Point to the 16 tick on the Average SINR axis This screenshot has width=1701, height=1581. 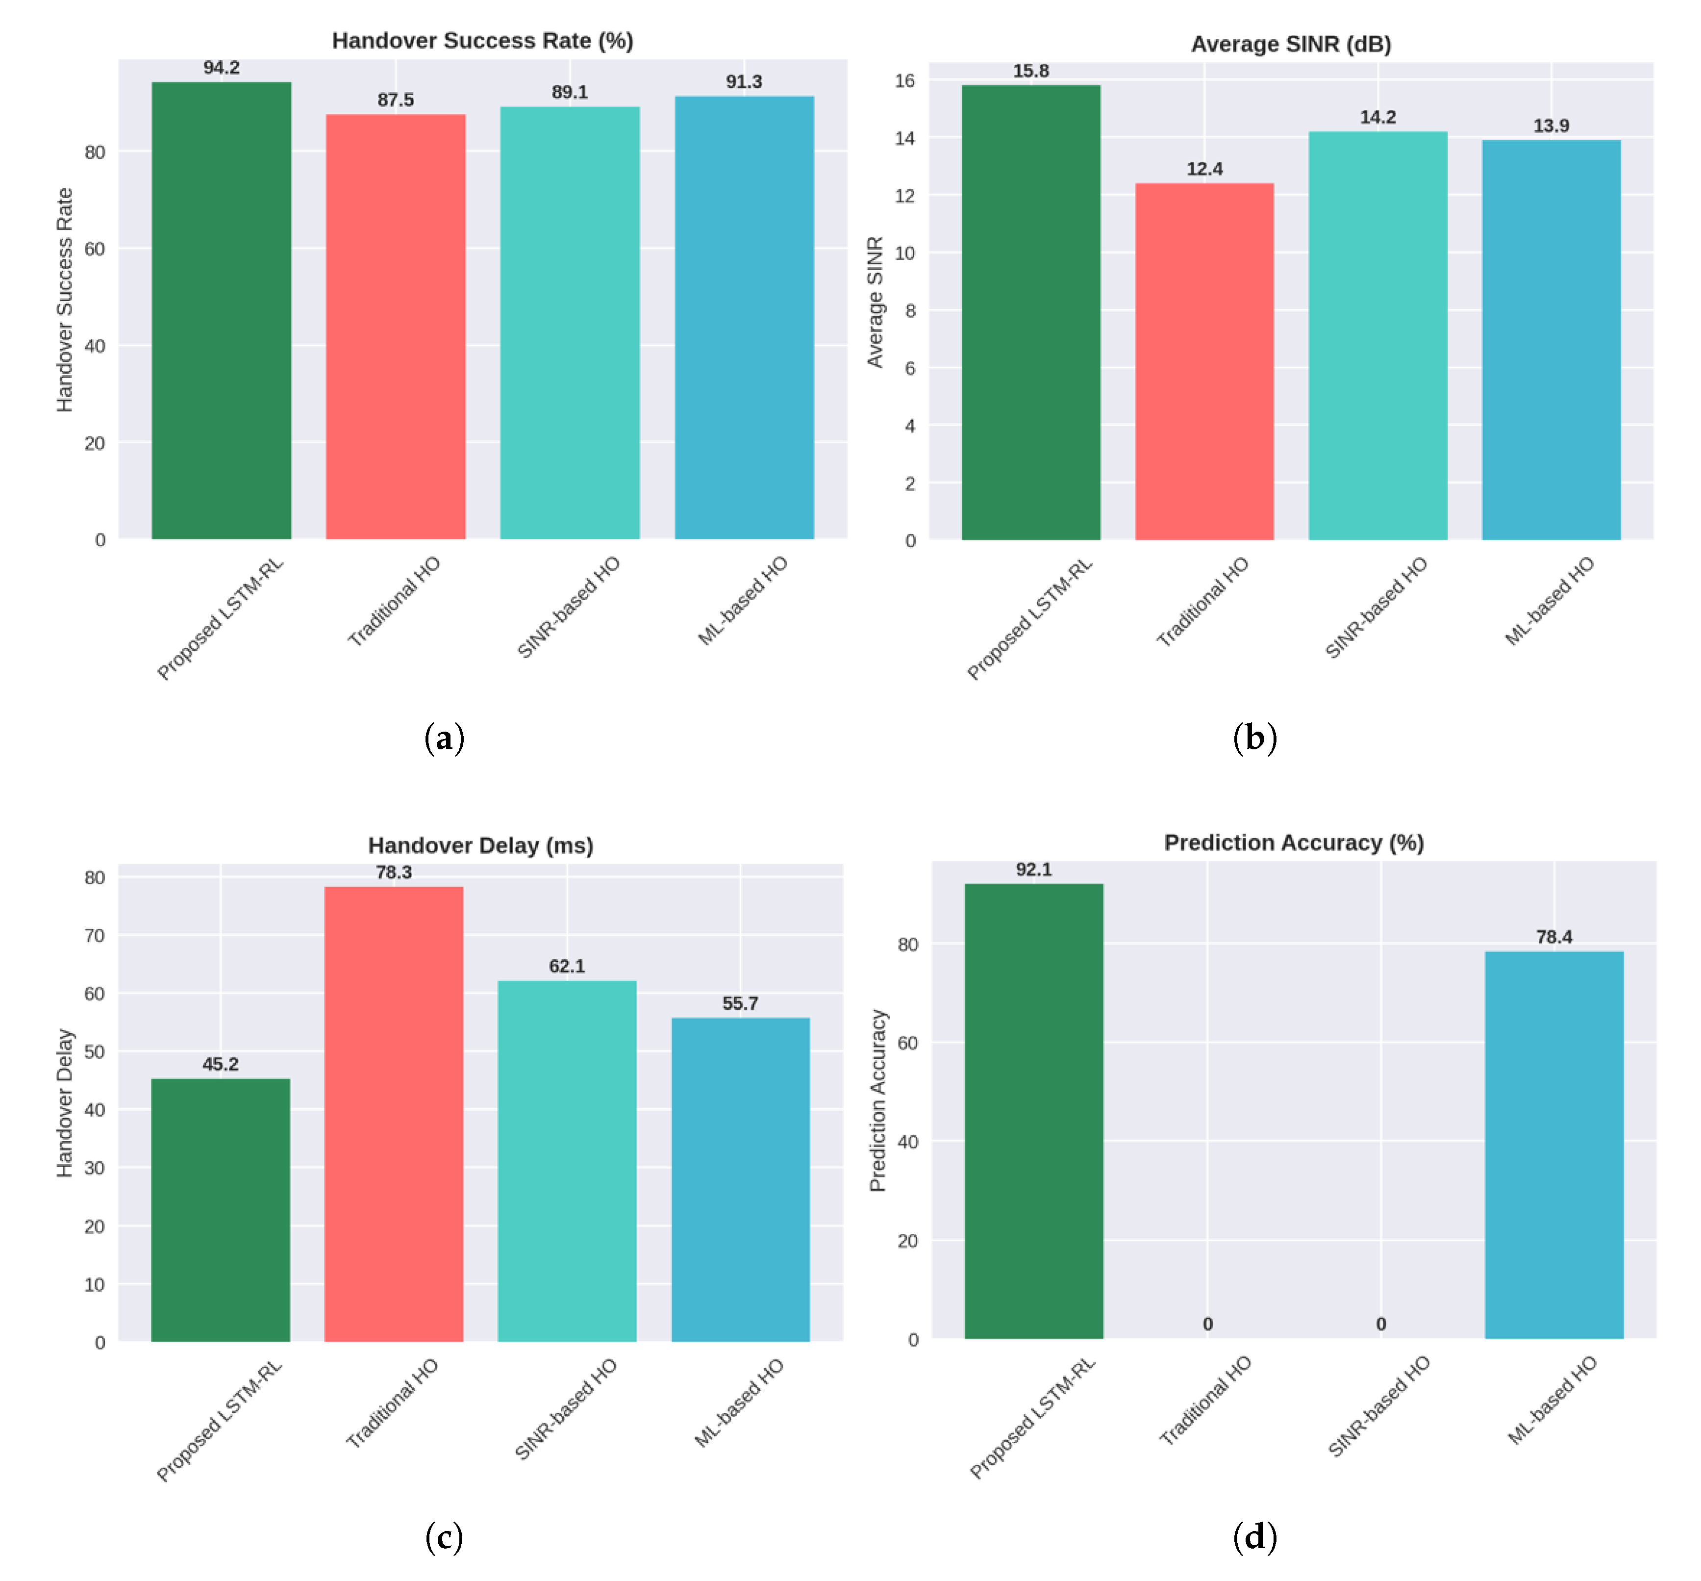[905, 80]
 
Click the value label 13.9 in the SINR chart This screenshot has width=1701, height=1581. [1551, 126]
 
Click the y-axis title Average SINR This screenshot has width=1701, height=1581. [874, 302]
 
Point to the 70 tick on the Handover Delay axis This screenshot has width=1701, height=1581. [94, 935]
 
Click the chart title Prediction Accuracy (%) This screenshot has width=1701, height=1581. [1293, 842]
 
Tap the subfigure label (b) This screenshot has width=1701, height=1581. [1254, 738]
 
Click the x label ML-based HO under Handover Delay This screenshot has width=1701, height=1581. [739, 1403]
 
